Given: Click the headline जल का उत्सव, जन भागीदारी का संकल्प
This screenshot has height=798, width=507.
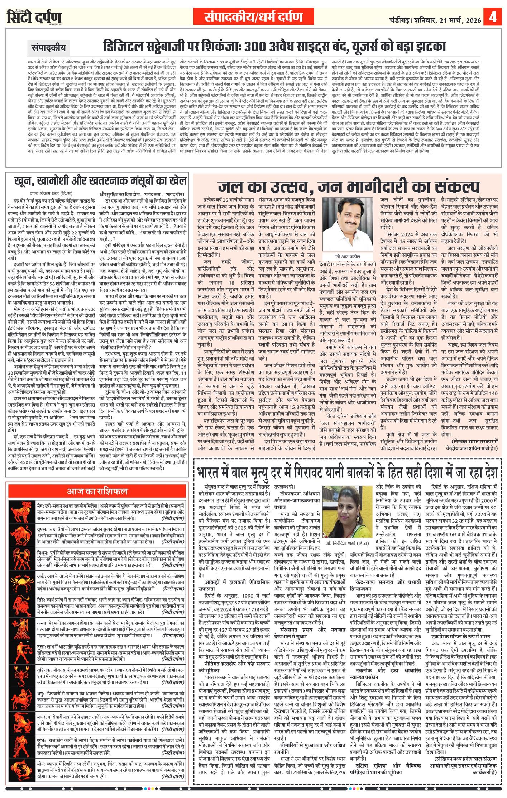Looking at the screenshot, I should [x=348, y=186].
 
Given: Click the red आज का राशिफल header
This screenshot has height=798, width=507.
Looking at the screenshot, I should [x=97, y=491].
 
